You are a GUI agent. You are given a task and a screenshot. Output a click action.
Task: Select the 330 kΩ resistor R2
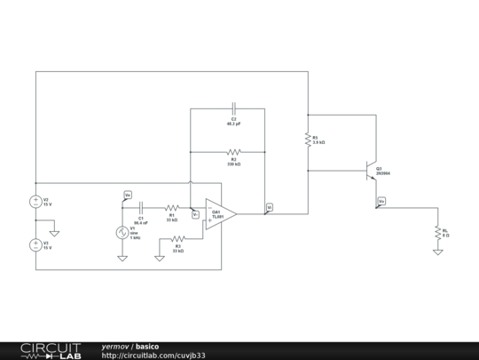[x=233, y=152]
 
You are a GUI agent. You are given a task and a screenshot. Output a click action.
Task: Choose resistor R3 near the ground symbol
[x=177, y=238]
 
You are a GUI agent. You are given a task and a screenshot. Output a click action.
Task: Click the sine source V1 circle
[x=122, y=233]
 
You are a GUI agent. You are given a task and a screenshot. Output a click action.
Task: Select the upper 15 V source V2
[x=35, y=202]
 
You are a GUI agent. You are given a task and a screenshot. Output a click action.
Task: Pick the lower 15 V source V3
[x=35, y=244]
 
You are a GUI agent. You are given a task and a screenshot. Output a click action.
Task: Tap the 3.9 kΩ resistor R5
[x=308, y=140]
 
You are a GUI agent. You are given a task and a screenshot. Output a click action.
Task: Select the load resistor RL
[x=437, y=232]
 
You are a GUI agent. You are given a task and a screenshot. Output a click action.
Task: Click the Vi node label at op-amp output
[x=269, y=207]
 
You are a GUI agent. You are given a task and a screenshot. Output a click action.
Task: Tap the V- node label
[x=195, y=214]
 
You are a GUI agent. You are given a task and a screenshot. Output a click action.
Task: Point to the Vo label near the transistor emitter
[x=381, y=202]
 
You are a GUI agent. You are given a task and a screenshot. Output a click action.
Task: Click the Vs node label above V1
[x=127, y=194]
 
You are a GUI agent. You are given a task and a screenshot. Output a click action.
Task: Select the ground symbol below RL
[x=437, y=252]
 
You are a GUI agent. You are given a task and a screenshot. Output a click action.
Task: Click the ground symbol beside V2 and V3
[x=54, y=234]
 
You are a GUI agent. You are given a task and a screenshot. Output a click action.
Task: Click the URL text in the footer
[x=153, y=356]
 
